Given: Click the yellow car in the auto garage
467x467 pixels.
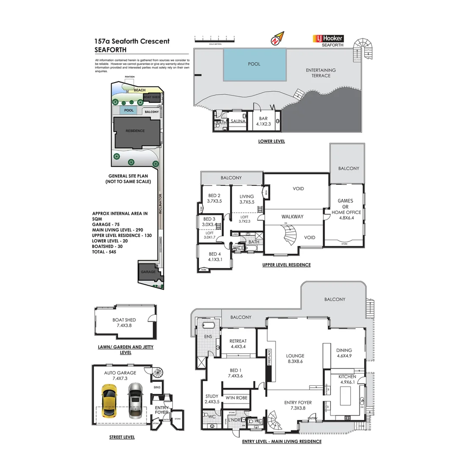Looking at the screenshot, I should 109,400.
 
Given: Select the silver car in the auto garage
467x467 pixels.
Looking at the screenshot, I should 135,400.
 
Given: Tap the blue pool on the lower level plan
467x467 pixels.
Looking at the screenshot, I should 254,64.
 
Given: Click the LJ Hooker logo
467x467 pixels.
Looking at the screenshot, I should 328,39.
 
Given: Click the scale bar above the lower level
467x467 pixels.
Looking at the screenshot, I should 215,40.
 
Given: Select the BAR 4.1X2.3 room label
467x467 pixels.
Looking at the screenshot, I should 263,121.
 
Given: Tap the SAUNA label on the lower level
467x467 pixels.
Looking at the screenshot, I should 238,122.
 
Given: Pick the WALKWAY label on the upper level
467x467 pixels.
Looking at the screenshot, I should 292,217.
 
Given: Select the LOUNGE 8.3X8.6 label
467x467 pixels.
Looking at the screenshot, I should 295,358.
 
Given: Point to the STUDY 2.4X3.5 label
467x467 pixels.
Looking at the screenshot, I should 212,399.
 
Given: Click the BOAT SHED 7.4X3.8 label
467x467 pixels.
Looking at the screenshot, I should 124,323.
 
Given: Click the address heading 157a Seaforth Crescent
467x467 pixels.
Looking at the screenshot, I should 132,42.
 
